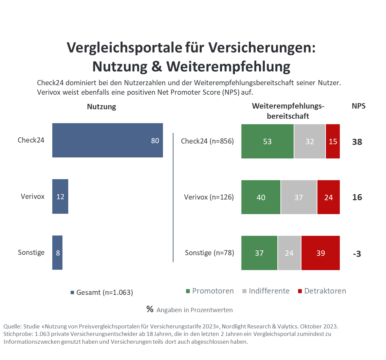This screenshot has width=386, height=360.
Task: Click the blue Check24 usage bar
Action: pyautogui.click(x=107, y=140)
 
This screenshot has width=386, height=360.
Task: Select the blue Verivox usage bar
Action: pyautogui.click(x=60, y=196)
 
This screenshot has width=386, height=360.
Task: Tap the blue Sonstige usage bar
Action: pyautogui.click(x=57, y=252)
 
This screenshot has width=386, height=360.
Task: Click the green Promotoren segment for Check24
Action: pyautogui.click(x=267, y=141)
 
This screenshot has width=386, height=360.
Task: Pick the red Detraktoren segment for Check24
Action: pyautogui.click(x=333, y=141)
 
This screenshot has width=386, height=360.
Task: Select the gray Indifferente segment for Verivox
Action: pyautogui.click(x=298, y=197)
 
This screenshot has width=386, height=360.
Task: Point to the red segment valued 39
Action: pyautogui.click(x=320, y=253)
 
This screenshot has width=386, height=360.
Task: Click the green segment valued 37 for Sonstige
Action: pyautogui.click(x=259, y=253)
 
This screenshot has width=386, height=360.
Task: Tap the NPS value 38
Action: pyautogui.click(x=357, y=142)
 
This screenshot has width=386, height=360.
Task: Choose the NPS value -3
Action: pyautogui.click(x=356, y=254)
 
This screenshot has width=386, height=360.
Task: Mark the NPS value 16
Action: pyautogui.click(x=357, y=197)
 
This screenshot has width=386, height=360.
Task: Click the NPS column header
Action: pyautogui.click(x=359, y=106)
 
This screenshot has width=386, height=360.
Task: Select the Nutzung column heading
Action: pyautogui.click(x=102, y=107)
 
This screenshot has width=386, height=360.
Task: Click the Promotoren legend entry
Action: pyautogui.click(x=209, y=291)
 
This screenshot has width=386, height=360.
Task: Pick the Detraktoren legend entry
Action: pyautogui.click(x=321, y=291)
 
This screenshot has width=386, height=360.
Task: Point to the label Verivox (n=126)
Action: pyautogui.click(x=209, y=197)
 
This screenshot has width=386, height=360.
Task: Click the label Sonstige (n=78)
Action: pyautogui.click(x=209, y=253)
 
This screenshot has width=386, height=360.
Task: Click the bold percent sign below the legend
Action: pyautogui.click(x=150, y=309)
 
